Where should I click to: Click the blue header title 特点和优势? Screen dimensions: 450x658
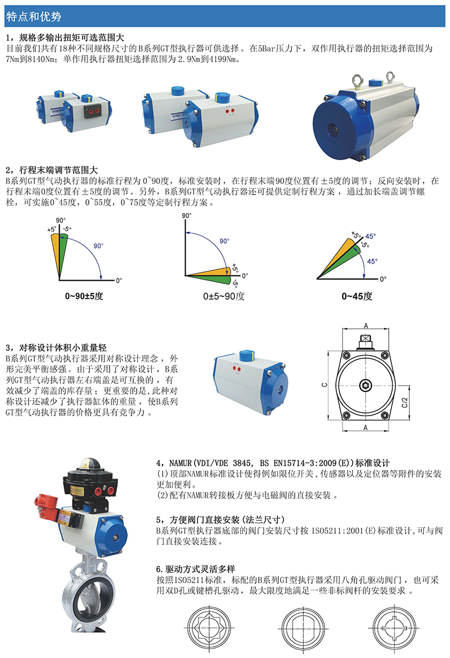coord(34,16)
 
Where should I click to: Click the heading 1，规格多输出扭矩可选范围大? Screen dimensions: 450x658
coord(65,38)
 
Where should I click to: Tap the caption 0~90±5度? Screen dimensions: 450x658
coord(84,296)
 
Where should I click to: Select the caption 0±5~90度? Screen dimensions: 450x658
coord(224,296)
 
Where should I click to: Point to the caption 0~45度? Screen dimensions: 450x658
coord(357,296)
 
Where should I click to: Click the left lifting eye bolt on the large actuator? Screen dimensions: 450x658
coord(358,80)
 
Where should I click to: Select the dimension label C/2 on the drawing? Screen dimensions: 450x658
coord(404,403)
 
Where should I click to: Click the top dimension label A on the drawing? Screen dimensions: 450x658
coord(366,326)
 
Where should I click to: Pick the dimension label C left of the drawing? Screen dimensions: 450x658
coord(324,384)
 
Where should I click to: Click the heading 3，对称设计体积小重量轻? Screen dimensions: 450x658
coord(56,348)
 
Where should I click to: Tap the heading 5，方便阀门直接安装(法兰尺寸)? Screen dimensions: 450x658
coord(220,520)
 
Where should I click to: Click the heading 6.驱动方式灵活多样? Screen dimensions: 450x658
coord(196,569)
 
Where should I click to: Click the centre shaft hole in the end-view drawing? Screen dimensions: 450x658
coord(366,385)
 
